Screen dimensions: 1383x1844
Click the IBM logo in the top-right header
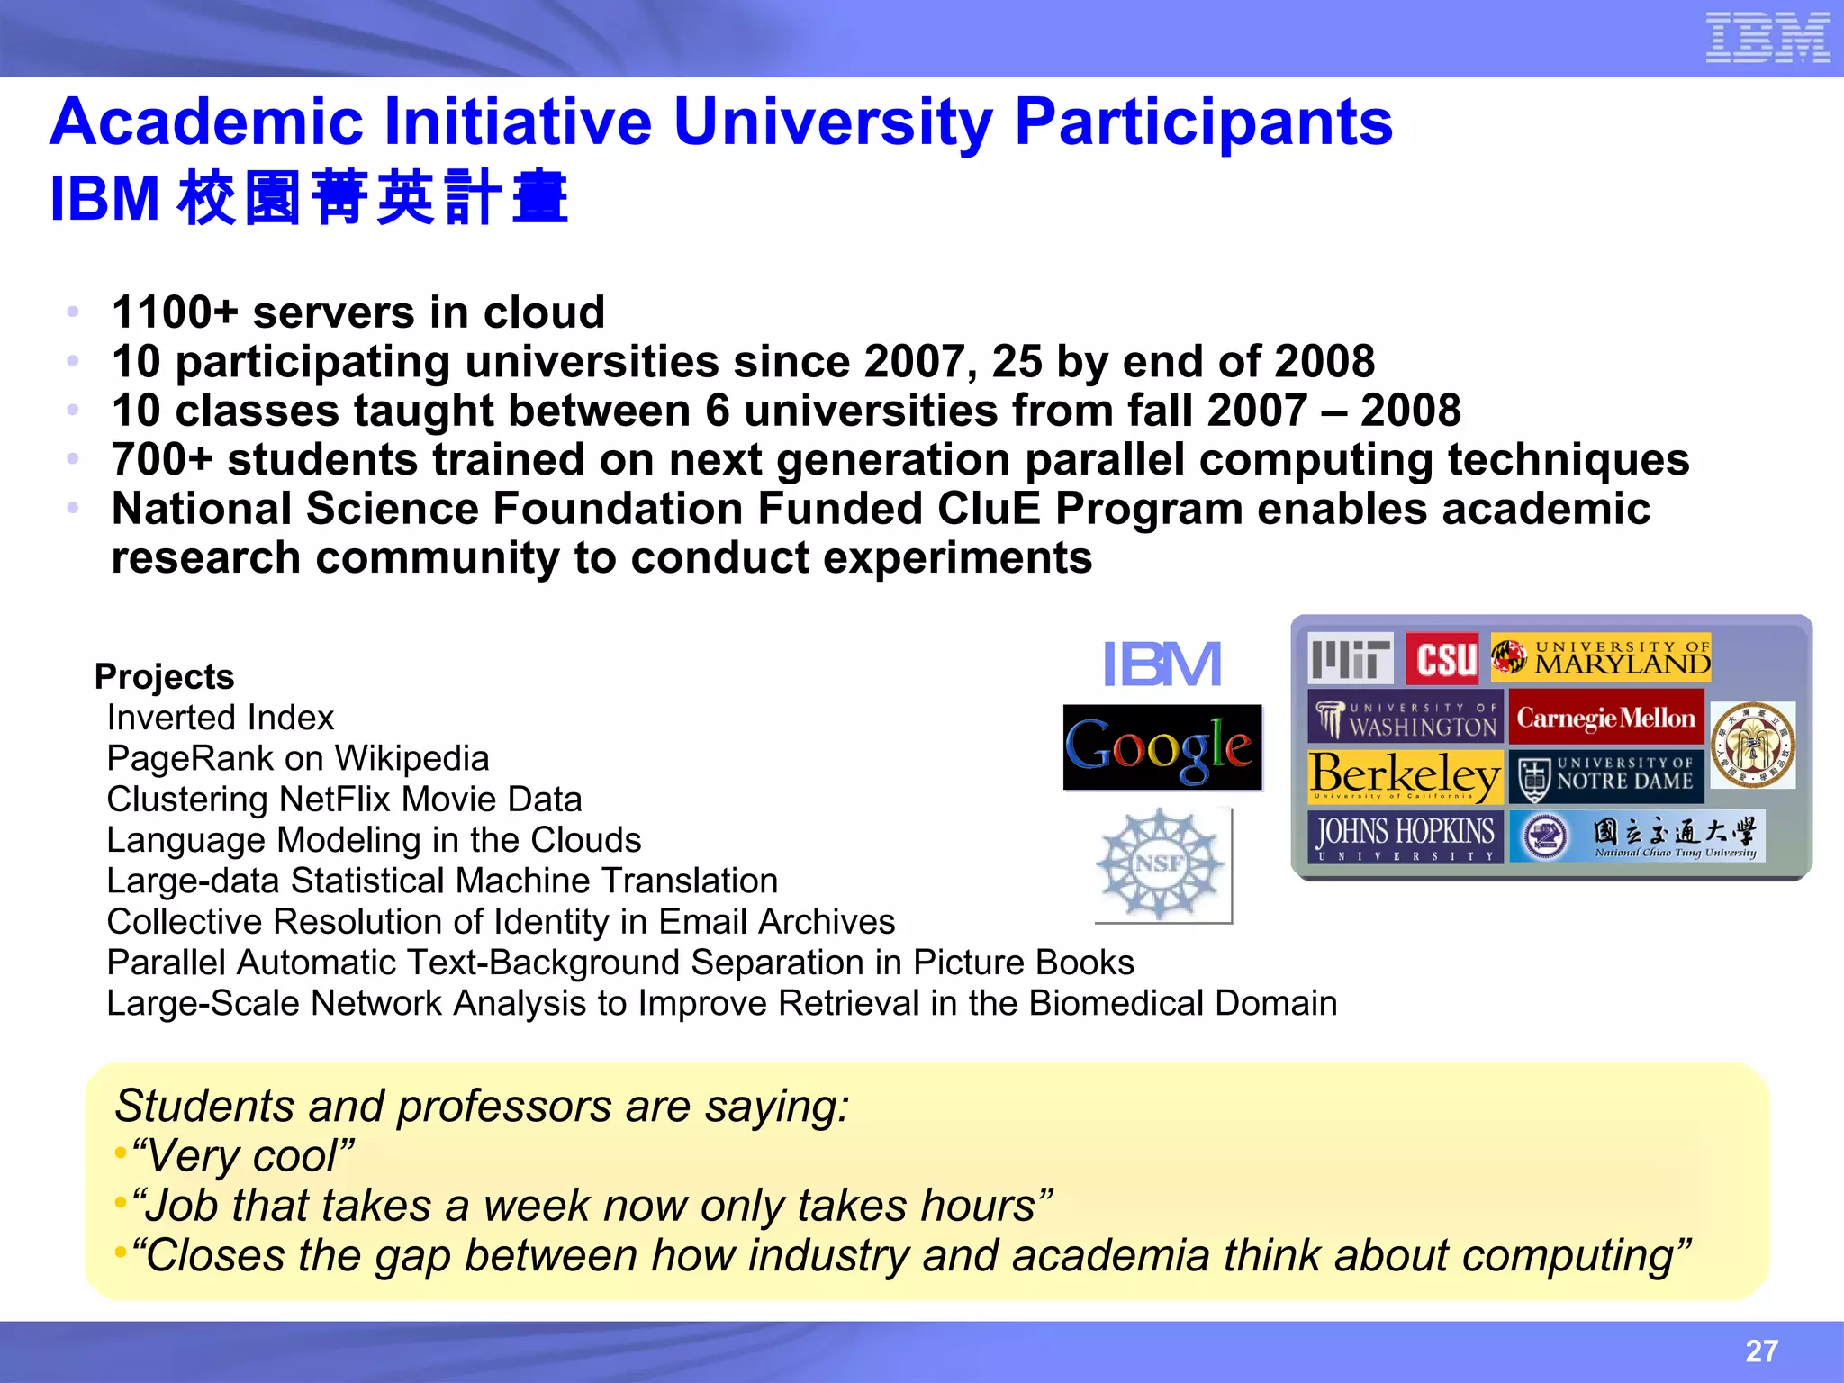1767,38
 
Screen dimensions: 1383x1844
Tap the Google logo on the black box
1162,747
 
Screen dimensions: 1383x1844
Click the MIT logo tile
1350,658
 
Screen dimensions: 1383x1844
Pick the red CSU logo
1442,658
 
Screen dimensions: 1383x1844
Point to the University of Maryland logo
1601,657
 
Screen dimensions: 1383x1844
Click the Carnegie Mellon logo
1605,718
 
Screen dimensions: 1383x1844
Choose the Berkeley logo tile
1405,776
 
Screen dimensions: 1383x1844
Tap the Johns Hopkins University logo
1405,836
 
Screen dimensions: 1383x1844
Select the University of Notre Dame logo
1607,776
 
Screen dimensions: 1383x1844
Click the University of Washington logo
1405,718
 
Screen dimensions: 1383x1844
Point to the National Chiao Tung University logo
1637,836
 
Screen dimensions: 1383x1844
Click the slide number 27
1761,1351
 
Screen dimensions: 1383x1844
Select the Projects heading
164,677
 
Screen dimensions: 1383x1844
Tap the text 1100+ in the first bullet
175,312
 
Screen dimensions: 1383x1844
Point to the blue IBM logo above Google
1162,664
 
